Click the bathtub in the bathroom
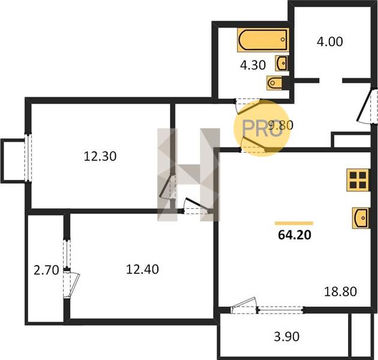click(x=263, y=40)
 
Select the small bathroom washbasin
click(x=282, y=64)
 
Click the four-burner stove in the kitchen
click(x=358, y=180)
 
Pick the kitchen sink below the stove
click(x=361, y=218)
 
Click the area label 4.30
click(x=253, y=65)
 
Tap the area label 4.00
click(x=329, y=42)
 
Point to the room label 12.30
click(x=100, y=156)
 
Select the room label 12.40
click(x=142, y=269)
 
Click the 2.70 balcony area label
click(x=46, y=270)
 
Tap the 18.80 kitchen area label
click(x=340, y=292)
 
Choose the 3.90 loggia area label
click(x=287, y=337)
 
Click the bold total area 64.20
click(x=295, y=235)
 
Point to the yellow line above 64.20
click(x=294, y=223)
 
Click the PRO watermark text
click(x=262, y=128)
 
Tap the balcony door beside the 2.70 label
click(x=71, y=285)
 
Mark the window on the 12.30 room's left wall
click(x=28, y=158)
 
